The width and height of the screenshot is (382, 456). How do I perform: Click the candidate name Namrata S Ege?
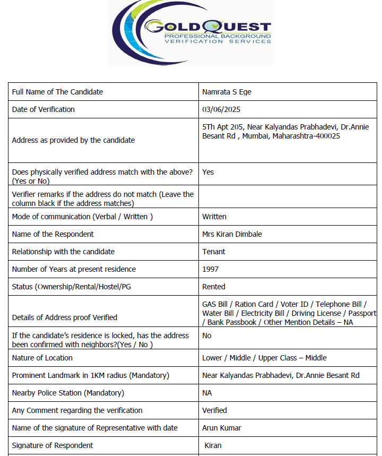tap(227, 92)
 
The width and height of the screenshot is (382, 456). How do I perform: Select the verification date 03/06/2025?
tap(221, 109)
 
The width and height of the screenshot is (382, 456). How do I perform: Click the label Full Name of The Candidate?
tap(57, 92)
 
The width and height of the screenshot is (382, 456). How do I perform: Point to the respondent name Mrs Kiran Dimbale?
tap(232, 234)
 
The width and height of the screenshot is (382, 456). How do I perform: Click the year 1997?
tap(210, 269)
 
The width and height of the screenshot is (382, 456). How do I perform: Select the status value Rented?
tap(214, 287)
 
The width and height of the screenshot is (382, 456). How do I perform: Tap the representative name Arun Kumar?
tap(220, 428)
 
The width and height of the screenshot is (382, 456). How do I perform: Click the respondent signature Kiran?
tap(213, 445)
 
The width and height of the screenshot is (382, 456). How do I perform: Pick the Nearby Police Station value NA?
tap(207, 393)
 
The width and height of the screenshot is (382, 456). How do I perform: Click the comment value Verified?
tap(214, 410)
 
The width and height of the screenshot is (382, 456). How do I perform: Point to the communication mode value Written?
tap(214, 217)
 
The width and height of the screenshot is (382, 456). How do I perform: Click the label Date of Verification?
tap(44, 109)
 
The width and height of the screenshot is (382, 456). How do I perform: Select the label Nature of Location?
tap(42, 358)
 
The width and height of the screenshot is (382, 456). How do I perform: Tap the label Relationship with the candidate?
tap(63, 252)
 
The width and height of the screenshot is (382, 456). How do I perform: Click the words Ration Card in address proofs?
tap(254, 304)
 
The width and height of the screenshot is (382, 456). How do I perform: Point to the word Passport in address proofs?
tap(362, 313)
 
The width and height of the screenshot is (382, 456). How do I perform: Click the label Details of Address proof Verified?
tap(65, 317)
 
